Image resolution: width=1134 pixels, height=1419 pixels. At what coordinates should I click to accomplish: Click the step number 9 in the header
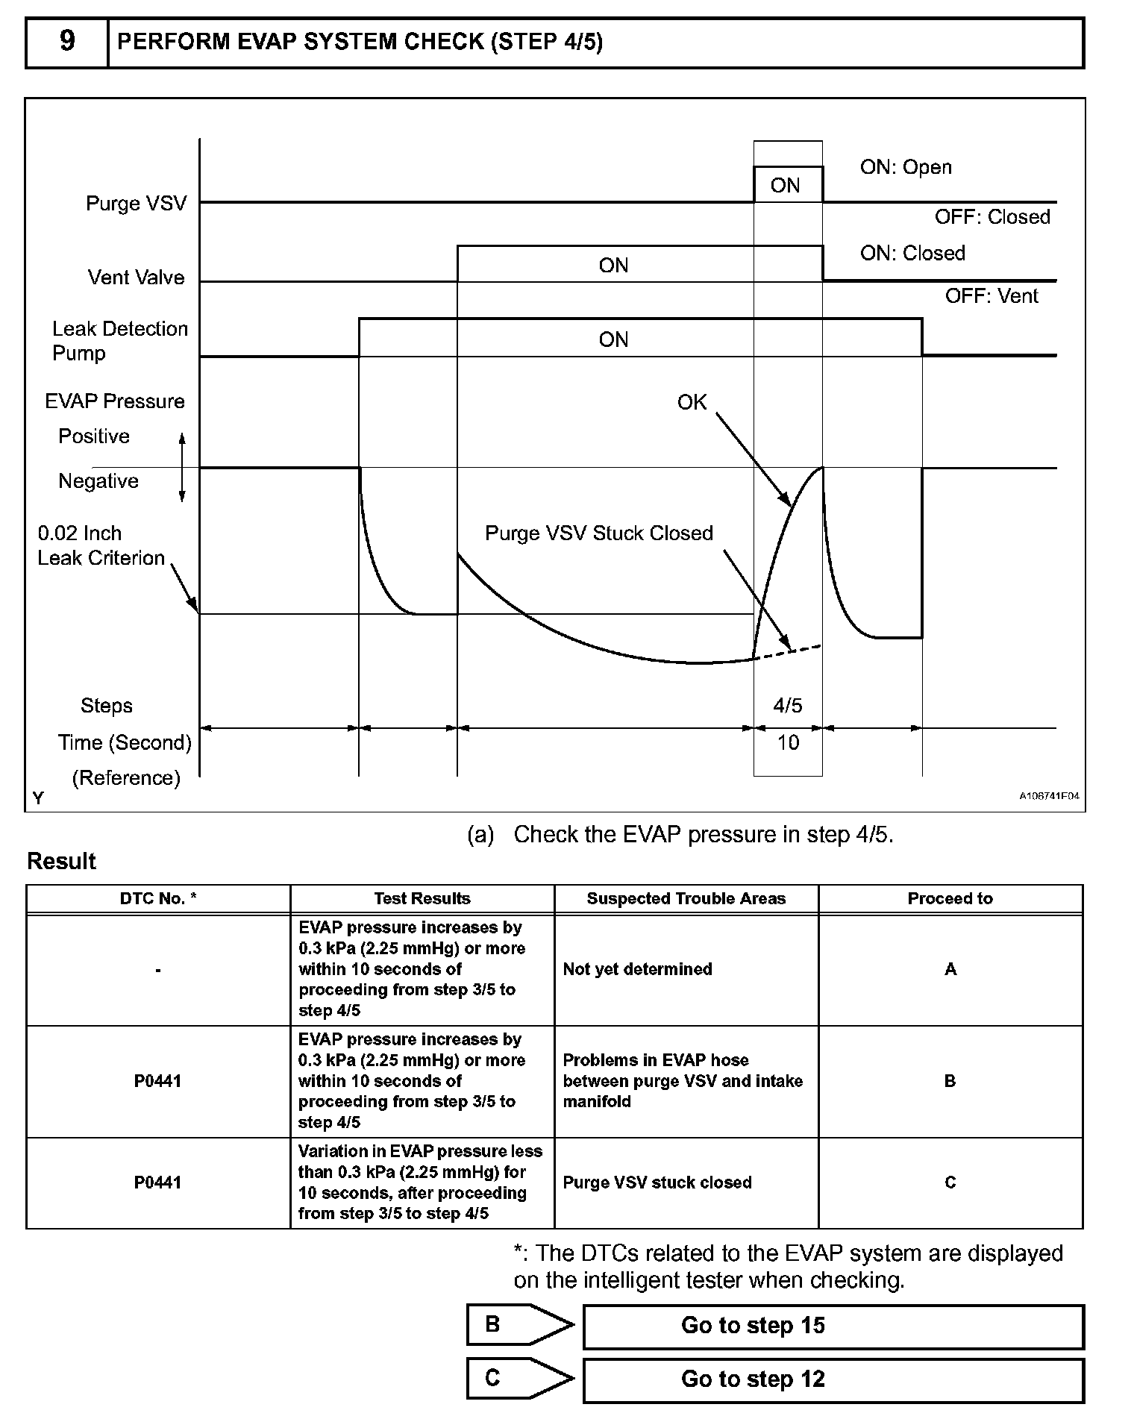[x=67, y=42]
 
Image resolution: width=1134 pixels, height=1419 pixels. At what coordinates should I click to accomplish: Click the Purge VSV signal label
[x=136, y=204]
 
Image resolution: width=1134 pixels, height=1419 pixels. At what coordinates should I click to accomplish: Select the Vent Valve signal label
[x=136, y=278]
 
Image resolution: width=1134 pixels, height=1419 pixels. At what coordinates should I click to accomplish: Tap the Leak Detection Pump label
[x=119, y=341]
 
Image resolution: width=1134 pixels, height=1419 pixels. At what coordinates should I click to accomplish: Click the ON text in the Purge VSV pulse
[x=785, y=186]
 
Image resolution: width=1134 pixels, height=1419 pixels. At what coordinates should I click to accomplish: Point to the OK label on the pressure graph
[x=692, y=403]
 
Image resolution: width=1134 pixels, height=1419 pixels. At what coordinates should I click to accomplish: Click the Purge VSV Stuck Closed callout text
[x=599, y=533]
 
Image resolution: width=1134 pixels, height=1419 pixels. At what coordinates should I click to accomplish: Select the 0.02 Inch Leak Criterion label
[x=101, y=545]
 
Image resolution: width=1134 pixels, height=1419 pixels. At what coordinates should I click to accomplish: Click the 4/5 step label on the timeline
[x=788, y=706]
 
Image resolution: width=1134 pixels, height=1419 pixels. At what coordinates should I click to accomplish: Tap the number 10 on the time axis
[x=788, y=743]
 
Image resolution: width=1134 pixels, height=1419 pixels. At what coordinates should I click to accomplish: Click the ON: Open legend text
[x=906, y=167]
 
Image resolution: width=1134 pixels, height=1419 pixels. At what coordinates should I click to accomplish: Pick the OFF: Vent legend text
[x=992, y=296]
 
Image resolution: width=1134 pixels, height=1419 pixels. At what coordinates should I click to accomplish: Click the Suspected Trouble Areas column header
[x=686, y=899]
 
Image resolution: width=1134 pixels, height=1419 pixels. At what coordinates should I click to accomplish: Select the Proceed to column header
[x=950, y=899]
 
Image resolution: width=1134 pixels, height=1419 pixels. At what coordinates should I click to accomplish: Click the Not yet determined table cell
[x=637, y=969]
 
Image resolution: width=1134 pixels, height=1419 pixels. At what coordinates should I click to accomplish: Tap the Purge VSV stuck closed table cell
[x=657, y=1182]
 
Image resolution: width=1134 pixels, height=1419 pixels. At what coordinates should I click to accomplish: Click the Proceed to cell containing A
[x=950, y=969]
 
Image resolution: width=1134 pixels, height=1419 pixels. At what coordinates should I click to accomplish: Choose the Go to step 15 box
[x=833, y=1326]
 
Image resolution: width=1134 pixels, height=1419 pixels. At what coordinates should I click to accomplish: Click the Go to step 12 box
[x=833, y=1379]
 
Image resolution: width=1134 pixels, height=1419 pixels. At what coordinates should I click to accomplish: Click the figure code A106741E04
[x=1049, y=797]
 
